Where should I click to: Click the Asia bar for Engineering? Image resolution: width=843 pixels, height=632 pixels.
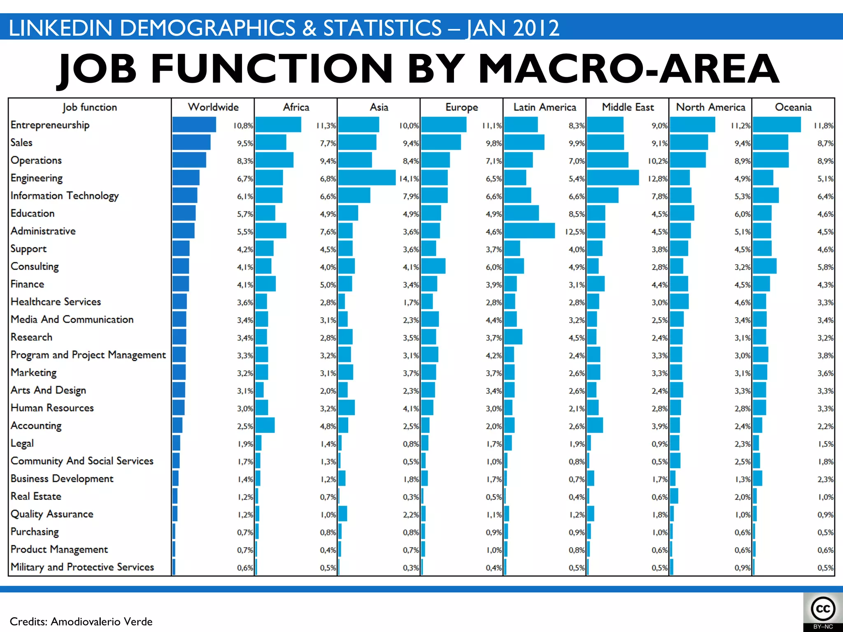pos(366,178)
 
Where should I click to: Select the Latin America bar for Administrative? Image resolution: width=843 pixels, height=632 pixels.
pos(529,231)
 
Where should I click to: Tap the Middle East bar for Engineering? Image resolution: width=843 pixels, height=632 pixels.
pos(613,178)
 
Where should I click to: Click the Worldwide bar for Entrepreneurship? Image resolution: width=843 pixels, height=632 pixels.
pos(194,125)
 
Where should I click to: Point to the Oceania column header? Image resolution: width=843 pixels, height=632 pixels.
pos(793,107)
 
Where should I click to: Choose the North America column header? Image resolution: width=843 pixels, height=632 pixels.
pos(710,107)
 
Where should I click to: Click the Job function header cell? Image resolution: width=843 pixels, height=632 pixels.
pos(90,107)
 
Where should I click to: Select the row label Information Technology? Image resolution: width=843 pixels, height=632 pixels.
pos(65,196)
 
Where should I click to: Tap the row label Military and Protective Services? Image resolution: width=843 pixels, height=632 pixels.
pos(82,567)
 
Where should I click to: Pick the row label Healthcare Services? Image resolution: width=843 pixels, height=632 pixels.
pos(56,302)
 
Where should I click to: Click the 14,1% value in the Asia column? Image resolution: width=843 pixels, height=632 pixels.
pos(409,179)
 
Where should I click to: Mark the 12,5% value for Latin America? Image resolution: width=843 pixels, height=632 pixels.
pos(575,232)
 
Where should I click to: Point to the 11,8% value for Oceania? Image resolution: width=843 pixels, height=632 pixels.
pos(823,125)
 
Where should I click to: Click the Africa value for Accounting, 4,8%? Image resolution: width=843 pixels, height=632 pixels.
pos(328,426)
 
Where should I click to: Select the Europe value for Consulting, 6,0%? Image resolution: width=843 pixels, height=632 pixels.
pos(494,267)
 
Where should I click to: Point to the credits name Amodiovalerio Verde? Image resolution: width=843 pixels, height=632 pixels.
pos(101,621)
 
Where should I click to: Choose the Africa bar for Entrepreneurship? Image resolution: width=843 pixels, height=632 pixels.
pos(278,125)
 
